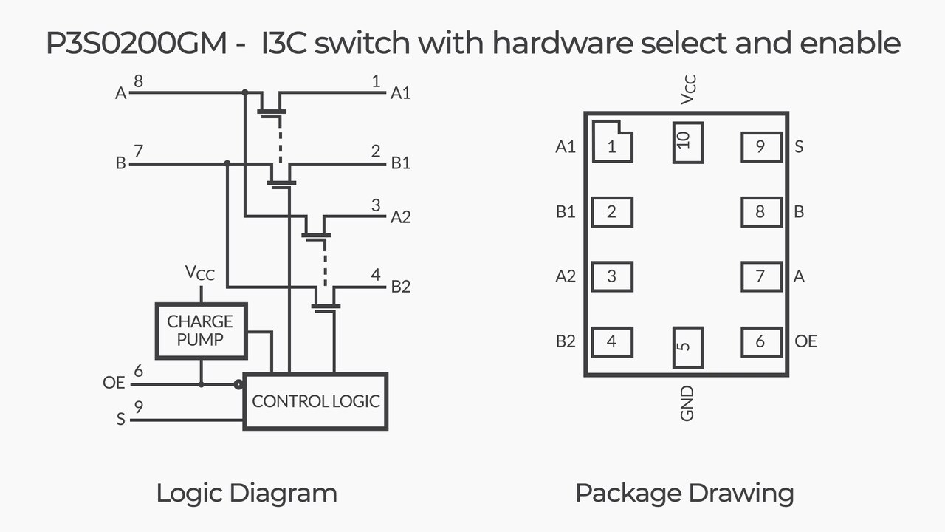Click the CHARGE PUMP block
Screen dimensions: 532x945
tap(200, 330)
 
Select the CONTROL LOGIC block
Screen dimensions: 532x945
tap(315, 401)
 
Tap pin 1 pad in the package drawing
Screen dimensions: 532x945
tap(612, 143)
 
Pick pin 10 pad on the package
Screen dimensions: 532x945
tap(687, 143)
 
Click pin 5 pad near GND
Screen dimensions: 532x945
tap(687, 348)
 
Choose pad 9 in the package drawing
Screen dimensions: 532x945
tap(761, 147)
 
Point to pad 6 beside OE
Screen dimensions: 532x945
tap(761, 341)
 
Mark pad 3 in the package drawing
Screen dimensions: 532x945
tap(612, 276)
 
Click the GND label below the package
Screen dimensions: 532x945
tap(687, 403)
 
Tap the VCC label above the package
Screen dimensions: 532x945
tap(687, 89)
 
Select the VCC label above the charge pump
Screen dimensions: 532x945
tap(200, 273)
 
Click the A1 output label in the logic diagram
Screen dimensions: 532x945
tap(401, 93)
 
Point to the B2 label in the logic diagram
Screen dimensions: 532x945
tap(401, 287)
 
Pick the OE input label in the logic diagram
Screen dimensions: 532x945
tap(114, 383)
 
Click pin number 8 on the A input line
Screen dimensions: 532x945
tap(138, 81)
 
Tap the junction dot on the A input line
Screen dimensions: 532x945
tap(244, 93)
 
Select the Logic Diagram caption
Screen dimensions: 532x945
tap(246, 493)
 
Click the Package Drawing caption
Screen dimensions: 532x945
tap(684, 493)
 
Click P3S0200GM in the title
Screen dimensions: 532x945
tap(137, 44)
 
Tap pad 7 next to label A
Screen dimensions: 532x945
tap(761, 276)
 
